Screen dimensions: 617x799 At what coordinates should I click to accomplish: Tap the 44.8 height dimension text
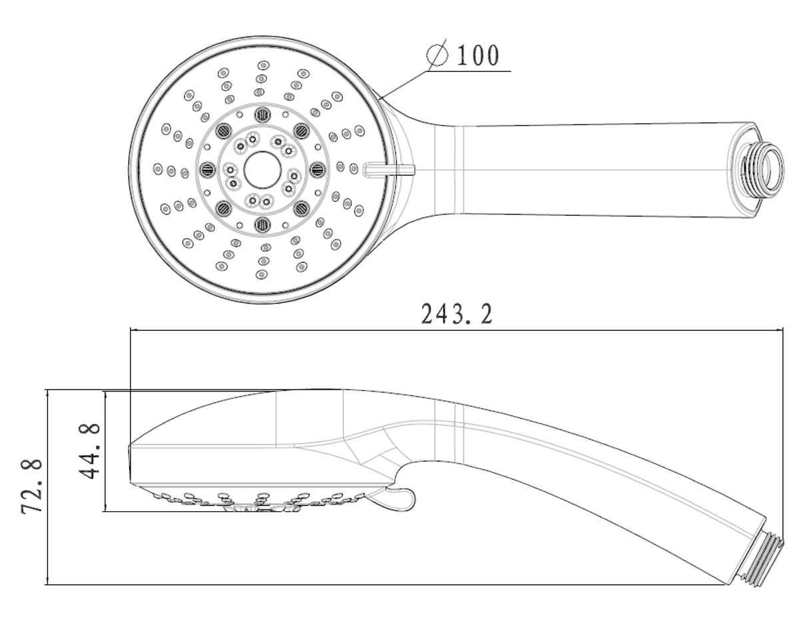pyautogui.click(x=87, y=451)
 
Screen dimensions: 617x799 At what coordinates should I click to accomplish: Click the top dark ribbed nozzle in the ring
pyautogui.click(x=262, y=115)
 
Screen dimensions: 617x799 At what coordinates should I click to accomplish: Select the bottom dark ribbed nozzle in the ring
pyautogui.click(x=262, y=224)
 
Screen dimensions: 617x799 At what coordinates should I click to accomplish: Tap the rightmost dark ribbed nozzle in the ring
pyautogui.click(x=317, y=170)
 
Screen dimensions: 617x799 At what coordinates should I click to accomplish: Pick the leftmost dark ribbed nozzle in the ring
pyautogui.click(x=206, y=170)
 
